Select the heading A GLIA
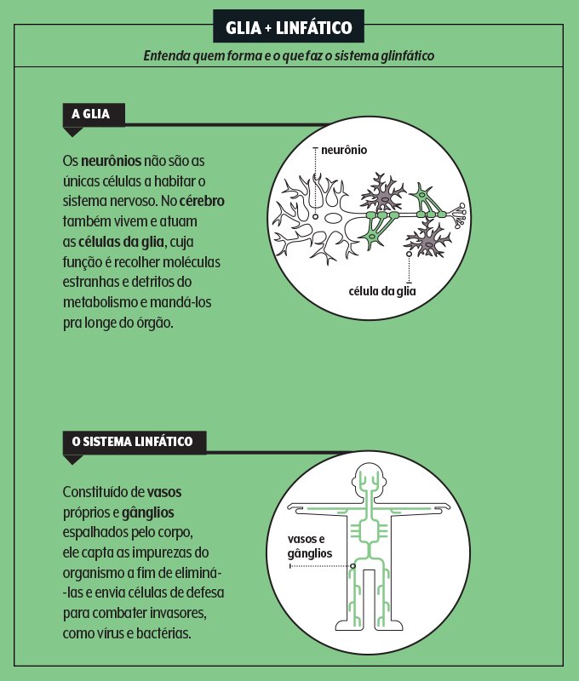(x=92, y=114)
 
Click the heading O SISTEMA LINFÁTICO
(x=132, y=442)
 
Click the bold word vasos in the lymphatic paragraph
(x=163, y=492)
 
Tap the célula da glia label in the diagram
(x=382, y=291)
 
